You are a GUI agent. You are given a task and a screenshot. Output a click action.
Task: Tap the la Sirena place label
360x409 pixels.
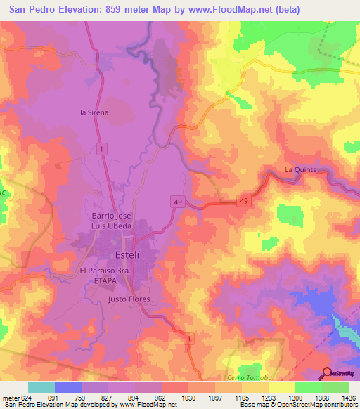95,112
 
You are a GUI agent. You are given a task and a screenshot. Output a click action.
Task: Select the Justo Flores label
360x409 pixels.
129,299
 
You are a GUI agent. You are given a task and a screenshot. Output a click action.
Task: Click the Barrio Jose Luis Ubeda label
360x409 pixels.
112,220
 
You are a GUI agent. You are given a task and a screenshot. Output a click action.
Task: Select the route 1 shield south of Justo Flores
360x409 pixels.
188,339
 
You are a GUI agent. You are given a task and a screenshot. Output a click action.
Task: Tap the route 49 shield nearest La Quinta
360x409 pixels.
244,201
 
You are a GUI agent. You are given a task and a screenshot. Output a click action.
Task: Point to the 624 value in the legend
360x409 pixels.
25,396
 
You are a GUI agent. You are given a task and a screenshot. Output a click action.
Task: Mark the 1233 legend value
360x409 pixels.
268,396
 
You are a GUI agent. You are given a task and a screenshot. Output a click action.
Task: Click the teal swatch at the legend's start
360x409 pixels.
41,387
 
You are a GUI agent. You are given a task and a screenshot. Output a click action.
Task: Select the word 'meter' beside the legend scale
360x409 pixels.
9,396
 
